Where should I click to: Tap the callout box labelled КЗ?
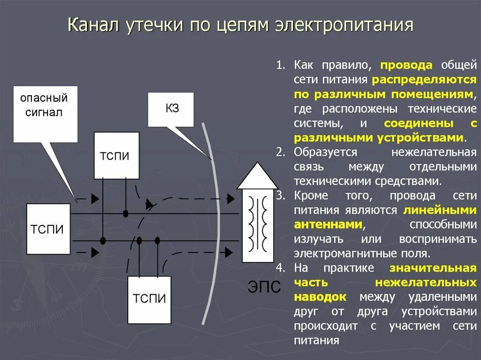pyautogui.click(x=171, y=109)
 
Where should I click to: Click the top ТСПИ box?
pyautogui.click(x=116, y=155)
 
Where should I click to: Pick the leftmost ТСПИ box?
pyautogui.click(x=48, y=229)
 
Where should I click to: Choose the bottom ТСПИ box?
pyautogui.click(x=149, y=299)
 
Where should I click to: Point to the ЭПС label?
pyautogui.click(x=264, y=286)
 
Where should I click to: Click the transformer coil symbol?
pyautogui.click(x=258, y=224)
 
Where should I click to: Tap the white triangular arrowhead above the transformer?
pyautogui.click(x=257, y=176)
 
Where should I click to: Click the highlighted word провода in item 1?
pyautogui.click(x=407, y=65)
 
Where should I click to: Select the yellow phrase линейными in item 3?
pyautogui.click(x=440, y=210)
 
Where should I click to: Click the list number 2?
pyautogui.click(x=280, y=152)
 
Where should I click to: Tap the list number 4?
pyautogui.click(x=280, y=268)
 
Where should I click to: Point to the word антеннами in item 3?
pyautogui.click(x=328, y=225)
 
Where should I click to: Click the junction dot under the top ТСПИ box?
pyautogui.click(x=125, y=214)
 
